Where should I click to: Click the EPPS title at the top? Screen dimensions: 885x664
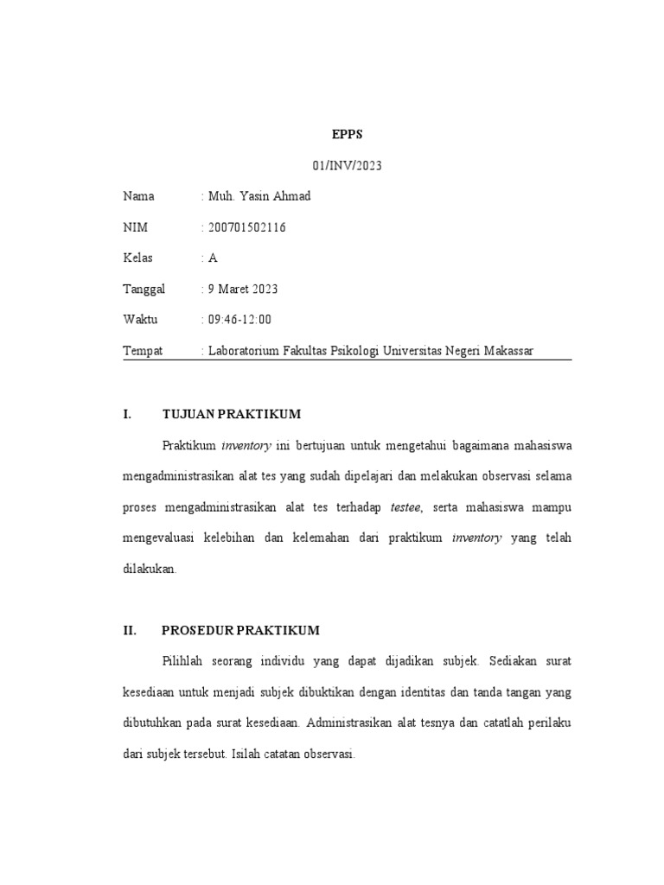point(346,136)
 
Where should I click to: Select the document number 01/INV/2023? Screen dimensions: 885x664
point(346,166)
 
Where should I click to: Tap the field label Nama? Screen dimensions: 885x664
point(138,196)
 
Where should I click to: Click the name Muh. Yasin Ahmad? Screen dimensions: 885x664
point(259,196)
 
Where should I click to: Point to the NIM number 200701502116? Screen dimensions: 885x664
point(247,227)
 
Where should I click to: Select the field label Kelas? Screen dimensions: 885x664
point(138,258)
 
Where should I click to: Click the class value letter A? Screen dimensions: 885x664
point(213,258)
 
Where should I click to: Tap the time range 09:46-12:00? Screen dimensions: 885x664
point(239,320)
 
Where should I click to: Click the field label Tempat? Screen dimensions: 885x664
point(143,351)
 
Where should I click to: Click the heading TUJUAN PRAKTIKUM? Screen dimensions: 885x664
point(232,414)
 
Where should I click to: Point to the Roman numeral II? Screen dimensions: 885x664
point(131,630)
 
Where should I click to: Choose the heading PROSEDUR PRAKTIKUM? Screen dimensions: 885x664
point(241,630)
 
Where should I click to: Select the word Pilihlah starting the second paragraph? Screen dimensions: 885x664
point(187,661)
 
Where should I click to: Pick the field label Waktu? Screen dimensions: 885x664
point(140,320)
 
